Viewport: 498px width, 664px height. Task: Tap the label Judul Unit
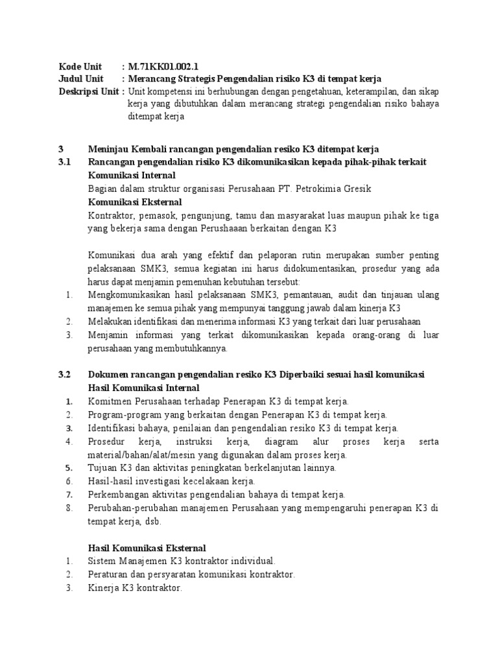[80, 78]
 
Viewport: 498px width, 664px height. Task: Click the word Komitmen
[110, 402]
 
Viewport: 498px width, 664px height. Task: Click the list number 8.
[69, 508]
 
